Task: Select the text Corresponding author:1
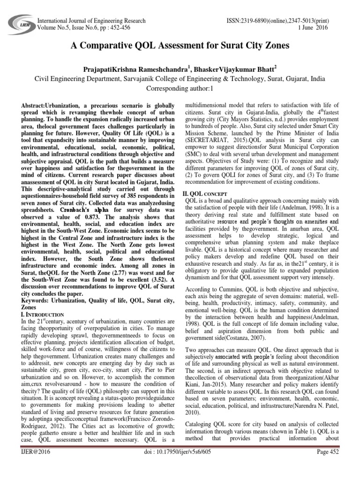(180, 89)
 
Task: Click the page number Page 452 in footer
(330, 465)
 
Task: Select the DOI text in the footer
(180, 465)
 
